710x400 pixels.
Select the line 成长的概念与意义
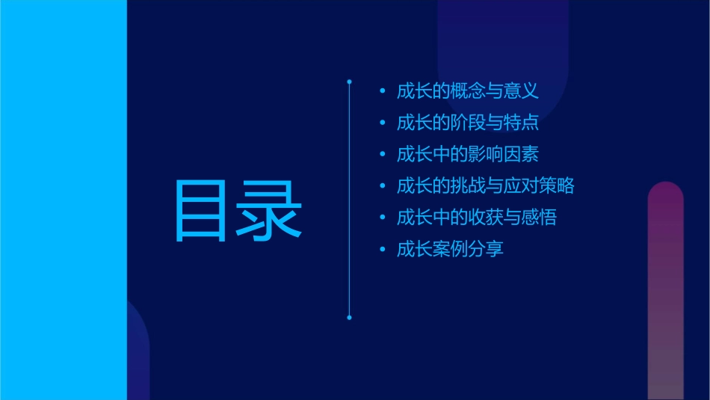tap(467, 92)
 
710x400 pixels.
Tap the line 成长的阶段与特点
tap(467, 123)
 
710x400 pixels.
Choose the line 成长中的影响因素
tap(467, 155)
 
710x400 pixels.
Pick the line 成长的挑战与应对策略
tap(485, 186)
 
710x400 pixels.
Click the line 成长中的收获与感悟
tap(476, 218)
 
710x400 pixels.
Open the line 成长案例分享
tap(450, 249)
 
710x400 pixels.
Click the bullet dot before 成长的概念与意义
tap(383, 92)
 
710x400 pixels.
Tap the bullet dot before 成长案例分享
tap(383, 249)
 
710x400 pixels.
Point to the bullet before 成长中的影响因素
tap(383, 155)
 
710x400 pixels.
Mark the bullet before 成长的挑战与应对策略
tap(383, 186)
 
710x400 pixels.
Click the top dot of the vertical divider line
tap(349, 80)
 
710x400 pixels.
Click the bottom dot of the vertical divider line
tap(349, 318)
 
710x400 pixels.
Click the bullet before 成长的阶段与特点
tap(383, 123)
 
